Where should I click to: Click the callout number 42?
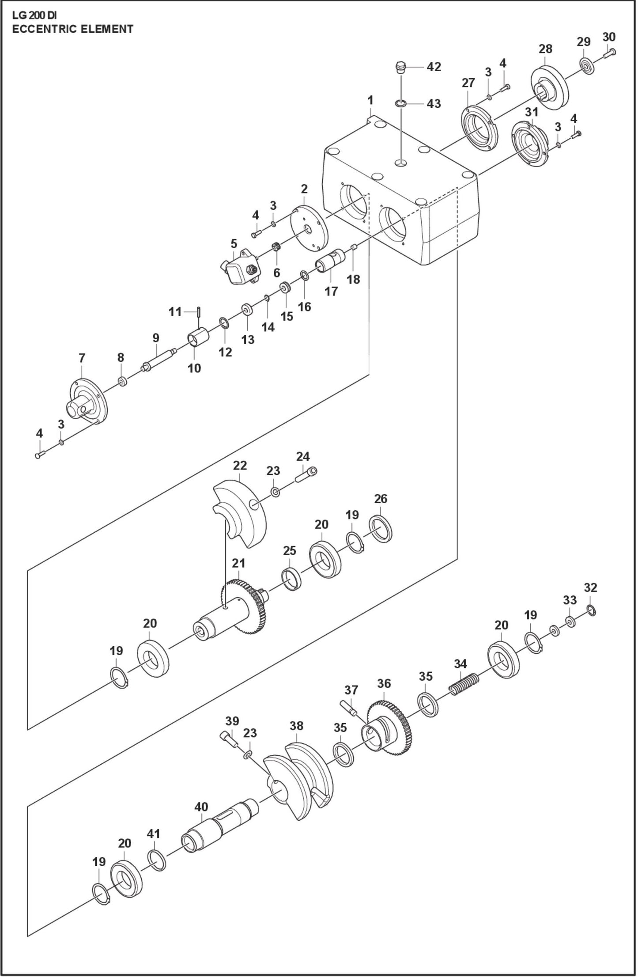tap(434, 67)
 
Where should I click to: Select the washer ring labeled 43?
tap(400, 103)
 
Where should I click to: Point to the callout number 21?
tap(238, 563)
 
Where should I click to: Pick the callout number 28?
tap(545, 49)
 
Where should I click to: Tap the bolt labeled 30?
tap(609, 53)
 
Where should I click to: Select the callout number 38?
tap(297, 726)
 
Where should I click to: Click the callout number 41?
tap(153, 834)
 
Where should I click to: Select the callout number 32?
tap(590, 588)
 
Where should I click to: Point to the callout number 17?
tap(331, 291)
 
